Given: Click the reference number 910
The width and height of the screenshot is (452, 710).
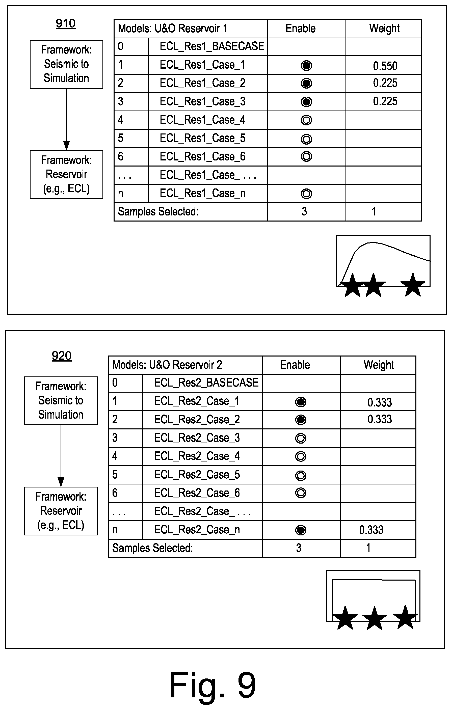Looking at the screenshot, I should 65,23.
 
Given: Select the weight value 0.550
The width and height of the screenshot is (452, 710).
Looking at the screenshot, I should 385,66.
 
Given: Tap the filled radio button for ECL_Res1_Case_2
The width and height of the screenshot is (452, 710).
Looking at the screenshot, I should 306,84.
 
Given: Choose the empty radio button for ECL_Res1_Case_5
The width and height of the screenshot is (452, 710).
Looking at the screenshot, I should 306,139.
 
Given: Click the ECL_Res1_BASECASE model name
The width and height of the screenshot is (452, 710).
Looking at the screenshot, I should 211,46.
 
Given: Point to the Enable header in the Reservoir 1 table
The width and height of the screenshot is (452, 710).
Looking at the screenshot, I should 300,29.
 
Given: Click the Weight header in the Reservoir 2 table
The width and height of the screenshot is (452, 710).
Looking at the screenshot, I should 379,365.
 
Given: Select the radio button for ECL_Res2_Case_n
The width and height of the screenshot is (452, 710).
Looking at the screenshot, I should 301,530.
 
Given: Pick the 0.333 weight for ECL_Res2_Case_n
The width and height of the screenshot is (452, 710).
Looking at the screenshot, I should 371,530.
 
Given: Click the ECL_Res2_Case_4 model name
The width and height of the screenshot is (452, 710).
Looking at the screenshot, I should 197,456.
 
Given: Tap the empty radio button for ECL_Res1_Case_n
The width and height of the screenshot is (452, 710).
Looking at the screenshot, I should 306,194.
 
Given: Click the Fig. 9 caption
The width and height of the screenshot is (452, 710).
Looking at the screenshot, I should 212,685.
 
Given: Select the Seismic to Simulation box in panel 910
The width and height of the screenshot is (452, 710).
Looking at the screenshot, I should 66,64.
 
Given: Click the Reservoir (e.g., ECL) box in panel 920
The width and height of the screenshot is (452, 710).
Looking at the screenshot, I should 61,511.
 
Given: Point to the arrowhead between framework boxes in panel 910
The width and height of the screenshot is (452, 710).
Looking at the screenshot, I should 67,146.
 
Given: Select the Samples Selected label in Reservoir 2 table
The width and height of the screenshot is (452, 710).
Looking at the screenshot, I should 152,548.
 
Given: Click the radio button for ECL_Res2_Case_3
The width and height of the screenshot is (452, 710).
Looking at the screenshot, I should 301,439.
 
